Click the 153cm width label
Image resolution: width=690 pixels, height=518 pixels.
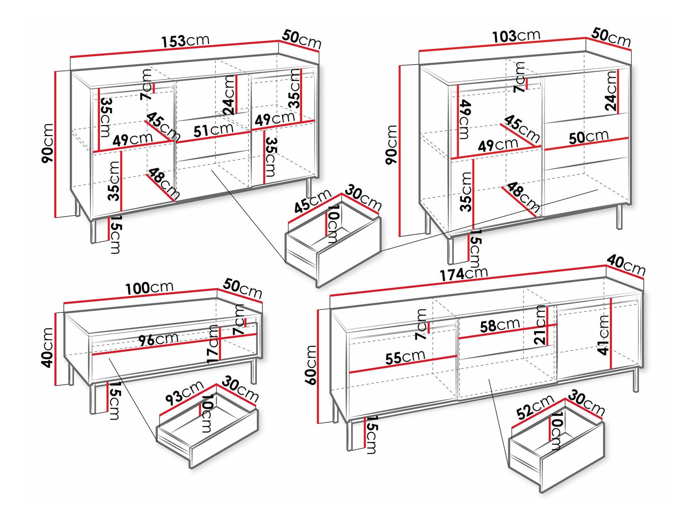pos(185,40)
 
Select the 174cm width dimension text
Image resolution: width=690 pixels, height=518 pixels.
pos(464,274)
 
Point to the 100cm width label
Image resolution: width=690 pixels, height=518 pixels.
pos(149,288)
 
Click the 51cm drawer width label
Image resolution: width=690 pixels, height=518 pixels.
pos(213,130)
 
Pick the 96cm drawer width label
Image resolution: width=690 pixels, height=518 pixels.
pos(158,340)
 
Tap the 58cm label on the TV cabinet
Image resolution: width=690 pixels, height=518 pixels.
pos(500,325)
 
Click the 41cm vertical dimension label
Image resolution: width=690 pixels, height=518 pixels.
pos(603,334)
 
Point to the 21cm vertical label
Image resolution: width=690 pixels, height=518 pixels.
pos(540,325)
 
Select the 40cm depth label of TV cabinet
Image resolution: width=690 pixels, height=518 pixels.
pos(626,265)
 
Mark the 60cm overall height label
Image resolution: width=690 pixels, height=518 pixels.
pos(311,364)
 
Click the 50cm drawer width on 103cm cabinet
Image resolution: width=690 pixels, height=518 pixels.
pos(588,137)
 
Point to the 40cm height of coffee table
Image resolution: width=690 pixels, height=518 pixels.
pos(48,347)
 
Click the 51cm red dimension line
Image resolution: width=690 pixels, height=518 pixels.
pos(213,136)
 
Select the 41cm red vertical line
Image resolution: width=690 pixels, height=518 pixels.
pos(611,334)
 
